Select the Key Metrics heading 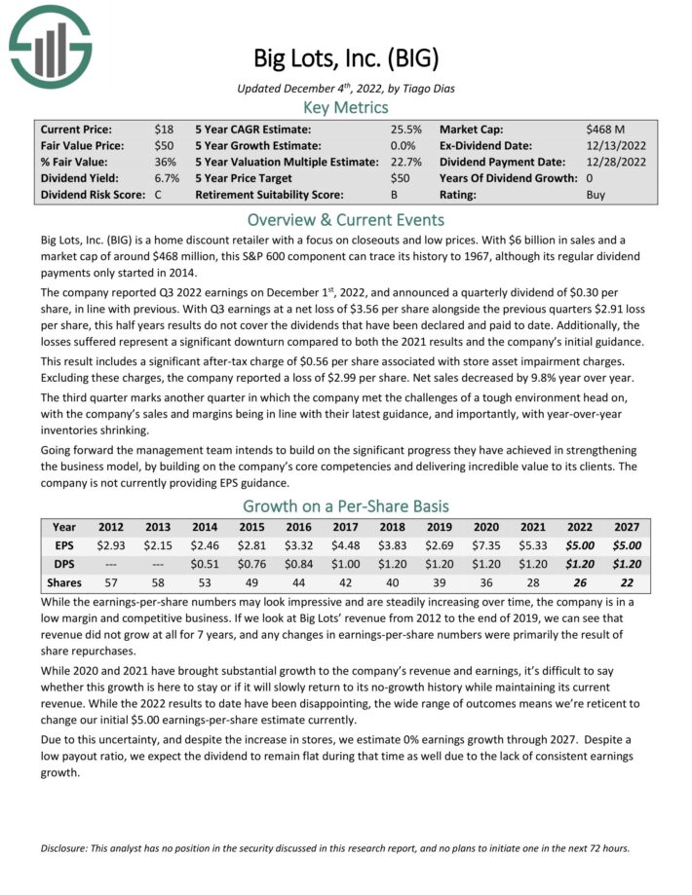[346, 107]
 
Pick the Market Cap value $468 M [605, 129]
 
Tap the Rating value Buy [596, 195]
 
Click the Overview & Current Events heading [346, 219]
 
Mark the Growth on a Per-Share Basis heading [346, 505]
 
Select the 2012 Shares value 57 [111, 582]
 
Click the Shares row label [63, 582]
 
